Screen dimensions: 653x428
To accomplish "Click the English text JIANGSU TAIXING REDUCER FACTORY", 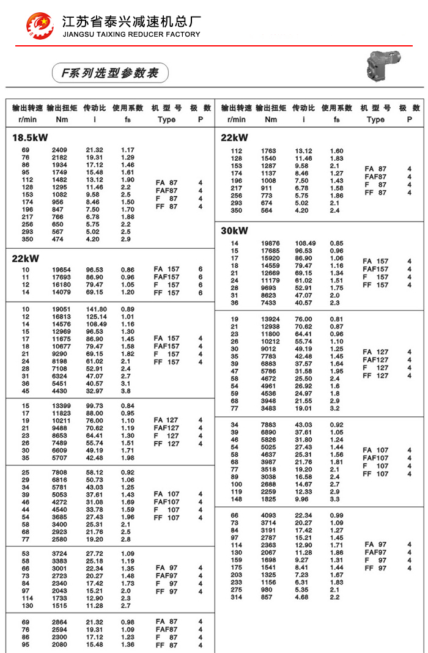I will point(131,34).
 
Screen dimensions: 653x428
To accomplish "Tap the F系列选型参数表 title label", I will point(109,73).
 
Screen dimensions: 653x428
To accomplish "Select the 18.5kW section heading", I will point(30,137).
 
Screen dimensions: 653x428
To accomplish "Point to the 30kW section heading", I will point(235,231).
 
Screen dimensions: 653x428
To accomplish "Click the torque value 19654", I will point(60,269).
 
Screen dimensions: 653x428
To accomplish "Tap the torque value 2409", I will point(59,150).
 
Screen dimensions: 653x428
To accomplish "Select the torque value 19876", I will point(270,243).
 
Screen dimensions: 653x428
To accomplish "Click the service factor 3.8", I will point(126,391).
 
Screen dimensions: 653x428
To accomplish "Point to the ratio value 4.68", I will point(303,597).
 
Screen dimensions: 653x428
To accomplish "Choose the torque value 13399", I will point(60,406).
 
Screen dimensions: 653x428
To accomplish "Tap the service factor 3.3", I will point(335,499).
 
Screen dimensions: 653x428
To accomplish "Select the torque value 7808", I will point(59,473).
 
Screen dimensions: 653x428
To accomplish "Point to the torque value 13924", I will point(270,319).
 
